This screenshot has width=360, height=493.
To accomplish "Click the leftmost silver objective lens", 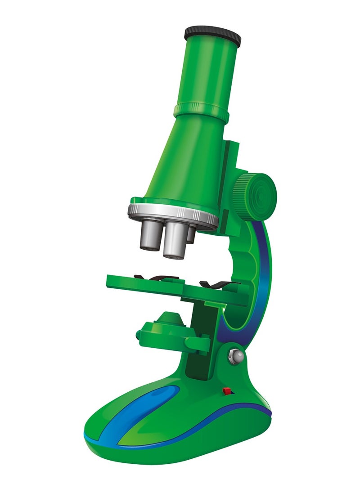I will [150, 236].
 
